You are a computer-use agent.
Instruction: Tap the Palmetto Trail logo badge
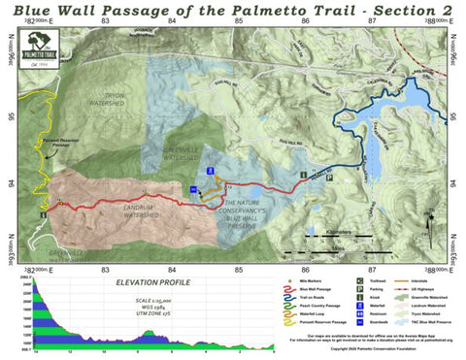47,49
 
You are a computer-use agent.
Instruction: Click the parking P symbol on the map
329,178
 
